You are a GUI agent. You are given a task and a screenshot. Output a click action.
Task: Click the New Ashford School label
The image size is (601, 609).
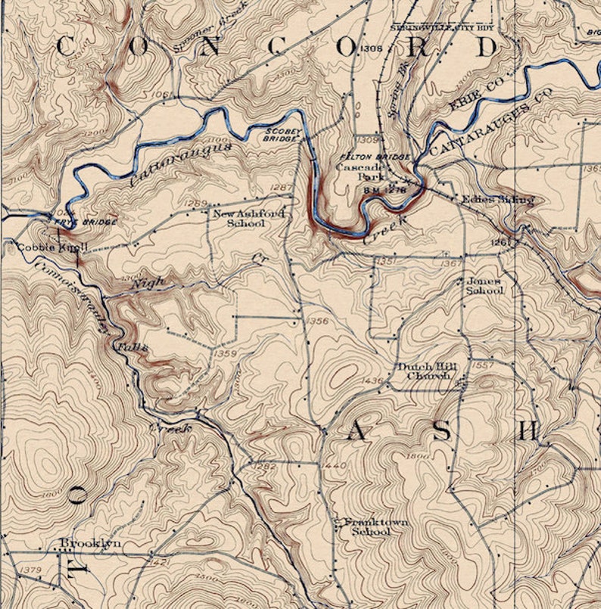click(249, 219)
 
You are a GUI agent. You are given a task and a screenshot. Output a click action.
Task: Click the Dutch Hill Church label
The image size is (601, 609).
click(427, 371)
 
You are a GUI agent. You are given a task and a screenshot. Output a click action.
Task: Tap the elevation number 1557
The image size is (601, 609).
click(482, 365)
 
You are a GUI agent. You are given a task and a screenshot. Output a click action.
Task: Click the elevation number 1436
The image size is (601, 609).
click(374, 380)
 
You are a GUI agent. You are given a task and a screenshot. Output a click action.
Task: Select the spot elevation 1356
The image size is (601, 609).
click(318, 322)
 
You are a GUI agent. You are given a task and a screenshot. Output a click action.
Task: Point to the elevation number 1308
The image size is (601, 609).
click(371, 49)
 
